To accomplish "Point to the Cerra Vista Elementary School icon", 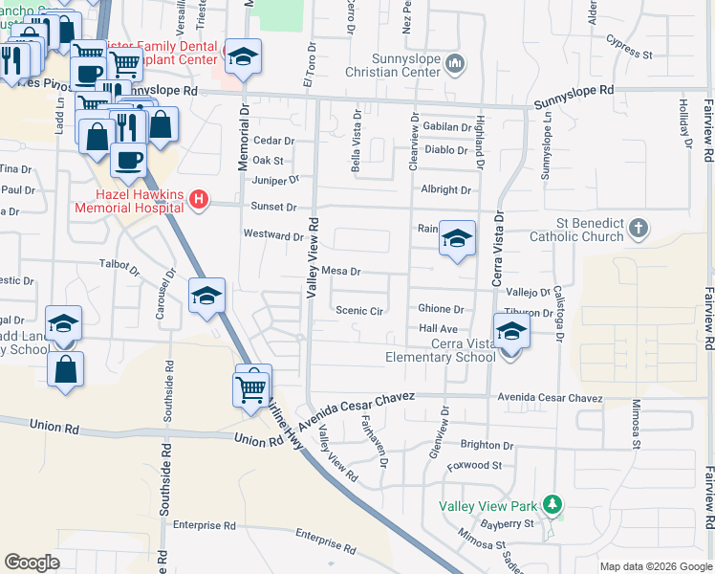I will tap(511, 332).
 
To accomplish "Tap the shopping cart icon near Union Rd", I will tap(250, 387).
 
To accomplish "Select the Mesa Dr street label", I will tap(340, 272).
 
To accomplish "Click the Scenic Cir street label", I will tap(359, 311).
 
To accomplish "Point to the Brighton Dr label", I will tap(487, 446).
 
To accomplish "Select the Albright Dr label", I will tap(446, 190).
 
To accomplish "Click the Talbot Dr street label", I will tap(119, 263).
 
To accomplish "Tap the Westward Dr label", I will tap(273, 235).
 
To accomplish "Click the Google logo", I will tap(32, 563).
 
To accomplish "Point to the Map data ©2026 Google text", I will tap(654, 566).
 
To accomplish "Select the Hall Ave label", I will tap(439, 328).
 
